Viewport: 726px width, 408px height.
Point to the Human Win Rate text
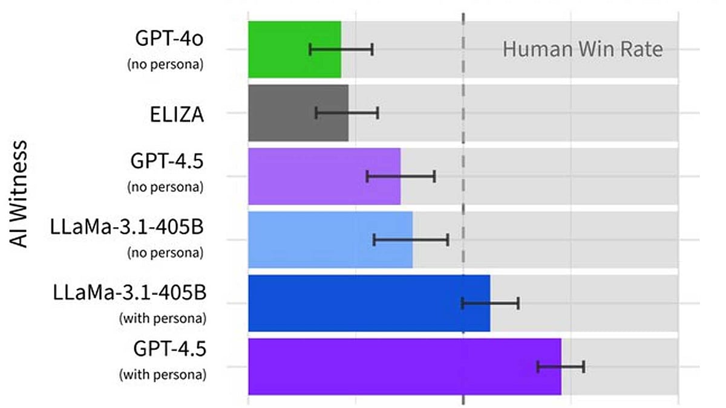(583, 49)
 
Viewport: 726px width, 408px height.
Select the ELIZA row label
(177, 113)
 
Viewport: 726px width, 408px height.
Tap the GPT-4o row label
(169, 39)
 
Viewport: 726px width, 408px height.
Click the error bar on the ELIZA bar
(347, 112)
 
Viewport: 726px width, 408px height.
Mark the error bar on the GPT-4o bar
(341, 50)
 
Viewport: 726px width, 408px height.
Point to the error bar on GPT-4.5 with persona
(561, 366)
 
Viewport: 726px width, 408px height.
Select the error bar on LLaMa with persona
(491, 303)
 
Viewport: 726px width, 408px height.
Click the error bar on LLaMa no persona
(411, 240)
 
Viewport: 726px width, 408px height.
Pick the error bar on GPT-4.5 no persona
(401, 176)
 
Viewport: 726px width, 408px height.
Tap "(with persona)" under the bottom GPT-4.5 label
(162, 375)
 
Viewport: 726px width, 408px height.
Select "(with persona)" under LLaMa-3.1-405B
(162, 317)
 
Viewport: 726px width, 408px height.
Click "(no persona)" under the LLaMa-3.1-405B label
(165, 253)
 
